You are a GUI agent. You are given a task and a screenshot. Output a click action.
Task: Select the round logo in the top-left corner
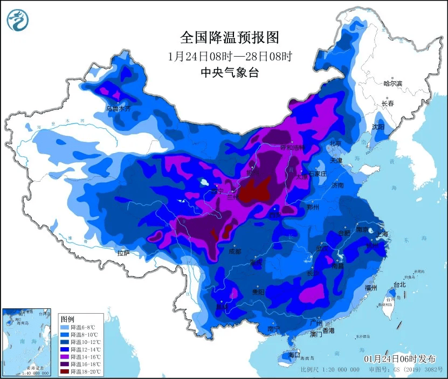click(17, 20)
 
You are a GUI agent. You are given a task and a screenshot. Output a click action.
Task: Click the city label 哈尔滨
click(392, 84)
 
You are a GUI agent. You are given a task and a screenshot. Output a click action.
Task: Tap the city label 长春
click(388, 103)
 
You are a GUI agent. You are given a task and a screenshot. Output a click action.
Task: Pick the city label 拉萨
click(123, 253)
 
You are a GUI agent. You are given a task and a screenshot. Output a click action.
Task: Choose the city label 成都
click(235, 251)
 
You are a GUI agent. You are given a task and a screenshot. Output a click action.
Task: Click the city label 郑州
click(312, 207)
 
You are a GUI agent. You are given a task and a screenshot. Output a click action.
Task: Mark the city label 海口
click(294, 355)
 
